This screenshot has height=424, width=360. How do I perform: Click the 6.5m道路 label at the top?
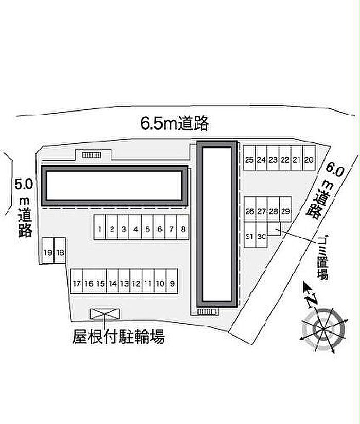click(x=175, y=123)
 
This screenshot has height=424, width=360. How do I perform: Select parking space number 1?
click(x=100, y=229)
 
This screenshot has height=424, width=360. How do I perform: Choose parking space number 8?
click(x=183, y=229)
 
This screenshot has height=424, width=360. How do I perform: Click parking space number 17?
click(x=77, y=283)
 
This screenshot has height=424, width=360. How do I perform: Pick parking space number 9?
click(x=172, y=283)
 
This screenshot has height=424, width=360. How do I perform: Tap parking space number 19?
click(x=48, y=252)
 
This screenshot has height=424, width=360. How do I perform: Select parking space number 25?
click(x=249, y=160)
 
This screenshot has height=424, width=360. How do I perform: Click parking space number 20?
click(x=309, y=160)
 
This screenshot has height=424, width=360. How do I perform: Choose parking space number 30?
click(x=262, y=236)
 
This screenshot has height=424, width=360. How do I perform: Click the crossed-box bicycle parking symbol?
click(x=105, y=314)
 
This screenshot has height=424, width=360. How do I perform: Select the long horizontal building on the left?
click(x=114, y=186)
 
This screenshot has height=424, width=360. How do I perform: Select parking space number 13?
click(x=124, y=283)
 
